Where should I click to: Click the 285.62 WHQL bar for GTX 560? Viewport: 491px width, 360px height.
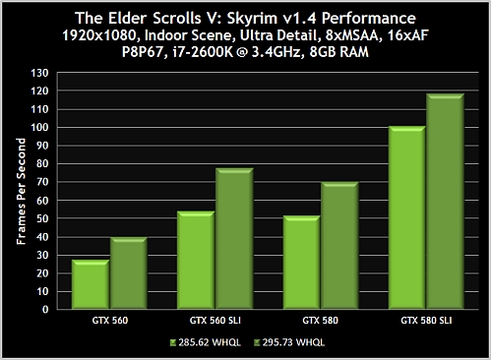point(91,285)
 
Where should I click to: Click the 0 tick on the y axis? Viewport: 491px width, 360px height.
point(44,309)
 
